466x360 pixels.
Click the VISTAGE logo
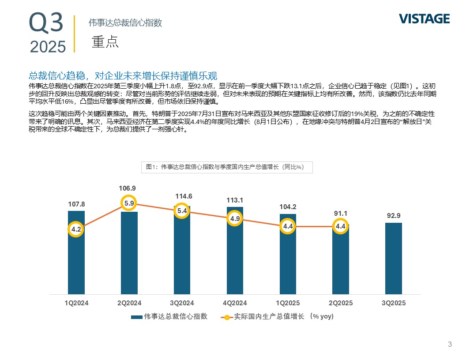[x=424, y=19]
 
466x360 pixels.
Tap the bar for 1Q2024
[x=76, y=260]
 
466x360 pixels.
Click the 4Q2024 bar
[x=235, y=260]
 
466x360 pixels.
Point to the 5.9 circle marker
[x=129, y=203]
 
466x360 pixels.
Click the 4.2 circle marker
[x=76, y=229]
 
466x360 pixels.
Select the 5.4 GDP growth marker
[x=182, y=211]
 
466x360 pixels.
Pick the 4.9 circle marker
[x=235, y=218]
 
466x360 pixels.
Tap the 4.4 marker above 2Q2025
[x=341, y=226]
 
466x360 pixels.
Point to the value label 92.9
[x=394, y=216]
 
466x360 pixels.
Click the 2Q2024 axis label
[x=129, y=303]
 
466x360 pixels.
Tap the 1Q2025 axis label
[x=288, y=303]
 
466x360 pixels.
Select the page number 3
[x=450, y=345]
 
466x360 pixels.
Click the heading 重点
[x=105, y=41]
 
